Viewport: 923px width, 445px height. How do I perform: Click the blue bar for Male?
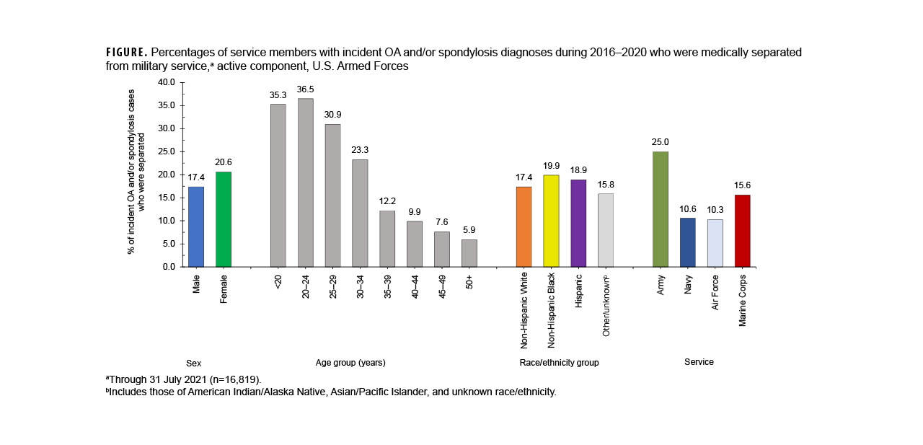coord(196,226)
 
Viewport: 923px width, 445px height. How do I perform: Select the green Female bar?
coord(224,219)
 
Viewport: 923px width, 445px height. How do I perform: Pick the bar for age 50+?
coord(469,253)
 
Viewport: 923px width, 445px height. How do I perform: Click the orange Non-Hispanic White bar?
coord(524,226)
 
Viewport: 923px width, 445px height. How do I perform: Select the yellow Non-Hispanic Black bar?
coord(552,221)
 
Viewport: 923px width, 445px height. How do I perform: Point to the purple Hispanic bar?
coord(578,223)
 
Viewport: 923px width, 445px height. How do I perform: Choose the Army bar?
coord(660,209)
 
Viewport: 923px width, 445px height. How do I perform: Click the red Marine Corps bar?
coord(742,231)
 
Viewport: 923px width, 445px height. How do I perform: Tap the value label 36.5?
coord(306,90)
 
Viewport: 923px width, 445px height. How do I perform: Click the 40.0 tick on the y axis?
coord(166,82)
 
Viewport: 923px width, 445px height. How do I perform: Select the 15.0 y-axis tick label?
coord(166,198)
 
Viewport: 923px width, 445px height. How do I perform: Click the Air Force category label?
coord(715,292)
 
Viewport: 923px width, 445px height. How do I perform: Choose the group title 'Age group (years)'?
coord(350,363)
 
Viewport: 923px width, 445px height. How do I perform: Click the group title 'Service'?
coord(699,362)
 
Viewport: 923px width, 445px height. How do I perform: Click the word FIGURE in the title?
coord(126,53)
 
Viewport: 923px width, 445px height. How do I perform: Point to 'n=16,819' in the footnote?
coord(235,379)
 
